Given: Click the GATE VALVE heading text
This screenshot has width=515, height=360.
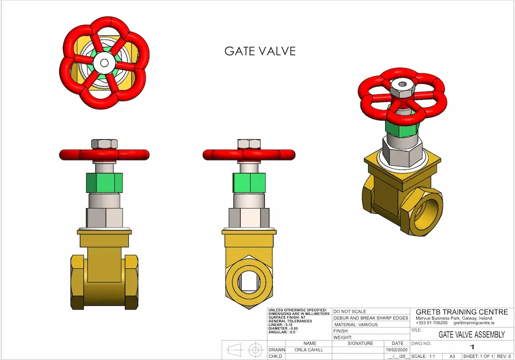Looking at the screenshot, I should [x=260, y=51].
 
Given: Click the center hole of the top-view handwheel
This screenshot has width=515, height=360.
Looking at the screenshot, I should [x=105, y=62].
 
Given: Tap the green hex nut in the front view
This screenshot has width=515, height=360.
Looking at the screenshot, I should [x=105, y=182].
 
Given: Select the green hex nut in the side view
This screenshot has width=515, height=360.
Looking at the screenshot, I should [x=249, y=182].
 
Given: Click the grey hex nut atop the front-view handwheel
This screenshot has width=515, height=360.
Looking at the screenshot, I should [x=105, y=144].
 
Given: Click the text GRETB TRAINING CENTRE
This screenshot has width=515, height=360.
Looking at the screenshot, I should [x=461, y=312].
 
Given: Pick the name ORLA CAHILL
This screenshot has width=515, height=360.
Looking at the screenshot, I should [x=310, y=349].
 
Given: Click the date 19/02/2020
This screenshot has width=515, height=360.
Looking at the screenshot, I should [x=398, y=349].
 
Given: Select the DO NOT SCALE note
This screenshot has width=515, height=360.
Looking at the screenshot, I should [x=350, y=312].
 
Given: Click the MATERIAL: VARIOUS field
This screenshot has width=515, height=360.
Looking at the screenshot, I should [x=356, y=324].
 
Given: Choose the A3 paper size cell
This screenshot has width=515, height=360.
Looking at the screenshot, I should [x=452, y=356].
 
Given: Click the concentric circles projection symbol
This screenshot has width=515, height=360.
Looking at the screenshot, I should [x=255, y=350].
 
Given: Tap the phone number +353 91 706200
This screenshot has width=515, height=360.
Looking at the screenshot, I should [x=432, y=323].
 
